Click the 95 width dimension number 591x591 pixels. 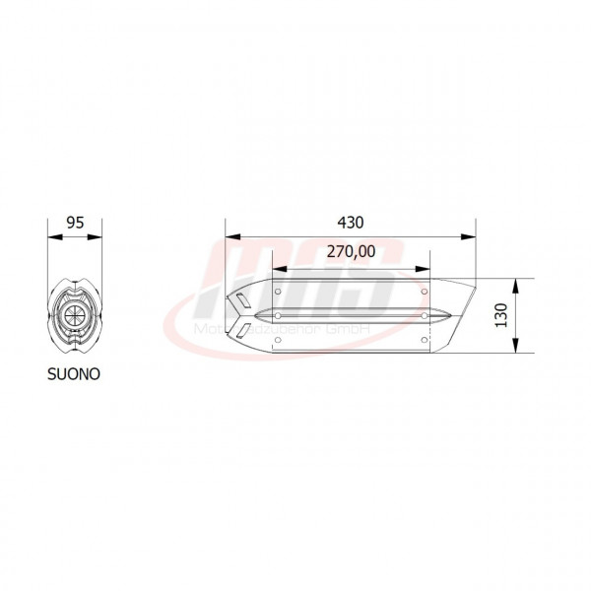74,222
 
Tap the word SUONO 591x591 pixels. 73,374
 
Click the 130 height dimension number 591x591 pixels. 499,316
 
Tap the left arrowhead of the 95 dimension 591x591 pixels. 52,236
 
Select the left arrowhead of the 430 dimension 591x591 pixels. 230,236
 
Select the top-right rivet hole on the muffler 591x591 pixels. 425,292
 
